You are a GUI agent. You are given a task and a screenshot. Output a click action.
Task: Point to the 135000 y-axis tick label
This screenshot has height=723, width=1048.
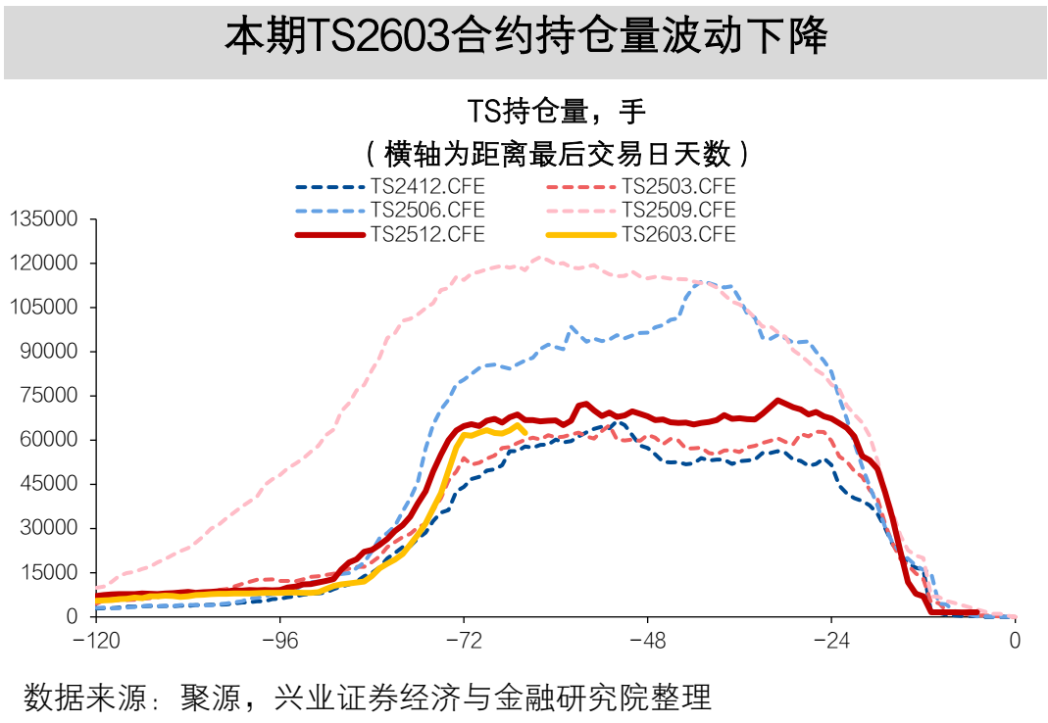coord(44,219)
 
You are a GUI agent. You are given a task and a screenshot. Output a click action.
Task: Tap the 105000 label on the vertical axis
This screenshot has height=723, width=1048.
coord(44,308)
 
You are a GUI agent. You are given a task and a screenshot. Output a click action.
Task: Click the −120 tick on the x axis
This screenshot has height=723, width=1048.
coord(95,642)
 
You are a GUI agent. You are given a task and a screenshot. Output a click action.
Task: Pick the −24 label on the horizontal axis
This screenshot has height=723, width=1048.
coord(831,642)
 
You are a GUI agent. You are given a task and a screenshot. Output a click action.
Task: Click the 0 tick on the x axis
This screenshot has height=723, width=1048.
coord(1016,642)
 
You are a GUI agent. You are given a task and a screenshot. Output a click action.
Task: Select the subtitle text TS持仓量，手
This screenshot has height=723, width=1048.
coord(556,111)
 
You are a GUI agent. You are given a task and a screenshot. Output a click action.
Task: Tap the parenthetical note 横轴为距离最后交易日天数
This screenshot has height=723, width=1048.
coord(556,154)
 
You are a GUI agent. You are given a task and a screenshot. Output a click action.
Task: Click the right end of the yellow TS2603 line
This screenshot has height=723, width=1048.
coord(525,432)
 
